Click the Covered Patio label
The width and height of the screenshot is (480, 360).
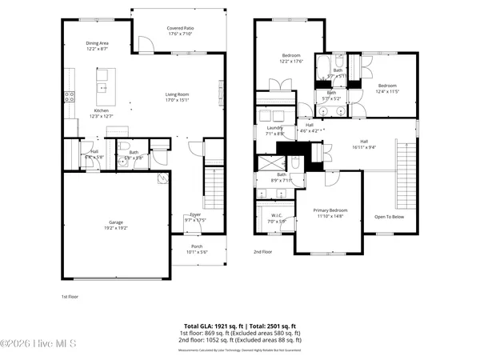click(180, 28)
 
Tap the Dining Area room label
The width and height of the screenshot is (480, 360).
click(98, 44)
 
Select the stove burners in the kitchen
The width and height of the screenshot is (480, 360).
click(70, 96)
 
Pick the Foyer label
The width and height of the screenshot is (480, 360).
click(195, 214)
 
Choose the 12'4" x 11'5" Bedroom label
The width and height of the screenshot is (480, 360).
click(387, 86)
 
